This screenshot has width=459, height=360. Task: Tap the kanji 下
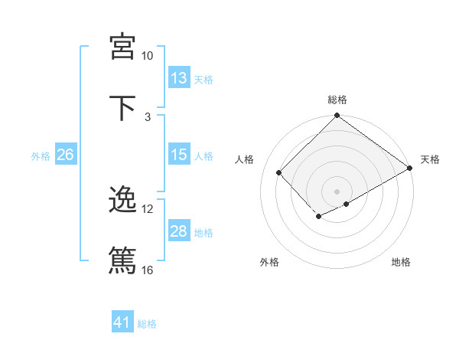point(123,106)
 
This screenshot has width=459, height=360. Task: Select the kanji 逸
point(123,200)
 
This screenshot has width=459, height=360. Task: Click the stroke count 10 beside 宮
point(148,56)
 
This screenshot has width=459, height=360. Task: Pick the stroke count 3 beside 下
point(148,116)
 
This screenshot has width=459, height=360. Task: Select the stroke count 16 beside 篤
point(148,270)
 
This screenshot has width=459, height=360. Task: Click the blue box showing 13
point(179,78)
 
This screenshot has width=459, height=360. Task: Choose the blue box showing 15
point(179,155)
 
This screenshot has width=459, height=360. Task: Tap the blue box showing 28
point(179,231)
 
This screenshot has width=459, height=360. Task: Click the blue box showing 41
point(122,322)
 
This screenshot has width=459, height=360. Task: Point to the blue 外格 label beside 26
point(41,156)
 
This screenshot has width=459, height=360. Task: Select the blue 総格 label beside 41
point(147,324)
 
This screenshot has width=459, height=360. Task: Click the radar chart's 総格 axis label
point(337,100)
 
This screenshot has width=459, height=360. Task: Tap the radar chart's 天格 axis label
point(430,159)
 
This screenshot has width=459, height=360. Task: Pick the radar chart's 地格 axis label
point(401,262)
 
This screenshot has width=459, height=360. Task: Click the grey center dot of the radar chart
point(337,191)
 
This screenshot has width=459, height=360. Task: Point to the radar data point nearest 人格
point(279,172)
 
